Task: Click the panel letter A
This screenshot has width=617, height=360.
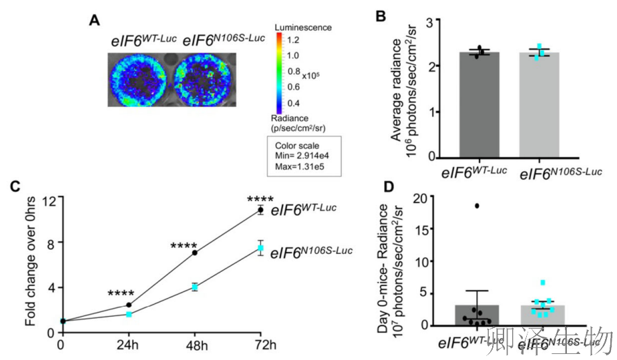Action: tap(95, 21)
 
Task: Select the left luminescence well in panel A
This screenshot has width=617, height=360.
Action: tap(138, 80)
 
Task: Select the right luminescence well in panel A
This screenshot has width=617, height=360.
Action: tap(204, 80)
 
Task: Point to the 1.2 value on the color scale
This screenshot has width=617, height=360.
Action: tap(294, 40)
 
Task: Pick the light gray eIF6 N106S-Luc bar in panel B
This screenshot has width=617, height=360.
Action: tap(539, 107)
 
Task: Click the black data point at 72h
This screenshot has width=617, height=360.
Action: tap(260, 210)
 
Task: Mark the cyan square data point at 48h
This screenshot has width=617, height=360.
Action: tap(195, 287)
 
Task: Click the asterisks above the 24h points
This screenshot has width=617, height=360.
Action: tap(121, 293)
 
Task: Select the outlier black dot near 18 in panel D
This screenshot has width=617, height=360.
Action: tap(477, 206)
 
